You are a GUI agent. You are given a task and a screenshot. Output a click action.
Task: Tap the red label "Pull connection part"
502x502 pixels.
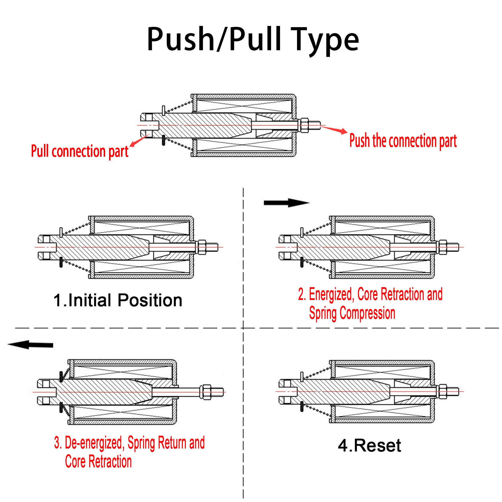pyautogui.click(x=80, y=151)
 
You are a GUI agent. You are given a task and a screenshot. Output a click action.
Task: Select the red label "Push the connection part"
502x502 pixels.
pyautogui.click(x=403, y=141)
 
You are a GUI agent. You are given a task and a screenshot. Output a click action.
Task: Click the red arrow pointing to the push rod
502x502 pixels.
pyautogui.click(x=335, y=129)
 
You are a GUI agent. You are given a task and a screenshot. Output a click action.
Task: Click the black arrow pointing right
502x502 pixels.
pyautogui.click(x=286, y=203)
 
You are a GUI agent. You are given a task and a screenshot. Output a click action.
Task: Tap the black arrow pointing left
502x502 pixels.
pyautogui.click(x=30, y=345)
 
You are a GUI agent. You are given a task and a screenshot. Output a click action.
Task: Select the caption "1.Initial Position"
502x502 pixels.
pyautogui.click(x=118, y=300)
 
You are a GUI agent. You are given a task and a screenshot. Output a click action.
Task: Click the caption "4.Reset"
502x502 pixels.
pyautogui.click(x=369, y=446)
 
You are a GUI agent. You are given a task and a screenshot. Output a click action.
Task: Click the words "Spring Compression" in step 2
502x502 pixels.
pyautogui.click(x=352, y=313)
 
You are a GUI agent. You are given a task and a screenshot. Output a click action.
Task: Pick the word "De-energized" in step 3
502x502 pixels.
pyautogui.click(x=94, y=443)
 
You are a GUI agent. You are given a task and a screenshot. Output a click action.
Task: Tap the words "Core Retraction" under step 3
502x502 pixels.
pyautogui.click(x=98, y=462)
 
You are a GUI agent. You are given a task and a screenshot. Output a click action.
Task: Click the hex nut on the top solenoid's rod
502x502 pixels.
pyautogui.click(x=304, y=125)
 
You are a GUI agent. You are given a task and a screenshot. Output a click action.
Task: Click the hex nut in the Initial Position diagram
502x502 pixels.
pyautogui.click(x=202, y=247)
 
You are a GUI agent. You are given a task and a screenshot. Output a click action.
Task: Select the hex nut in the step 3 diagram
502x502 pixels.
pyautogui.click(x=206, y=392)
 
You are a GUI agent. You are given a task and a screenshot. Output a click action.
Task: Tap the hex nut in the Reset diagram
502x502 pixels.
pyautogui.click(x=443, y=391)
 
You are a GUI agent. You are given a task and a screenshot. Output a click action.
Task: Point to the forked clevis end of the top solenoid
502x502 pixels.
pyautogui.click(x=149, y=125)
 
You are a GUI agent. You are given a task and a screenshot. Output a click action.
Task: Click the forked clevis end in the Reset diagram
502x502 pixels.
pyautogui.click(x=286, y=391)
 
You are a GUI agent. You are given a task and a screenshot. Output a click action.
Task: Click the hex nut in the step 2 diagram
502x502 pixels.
pyautogui.click(x=443, y=247)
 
